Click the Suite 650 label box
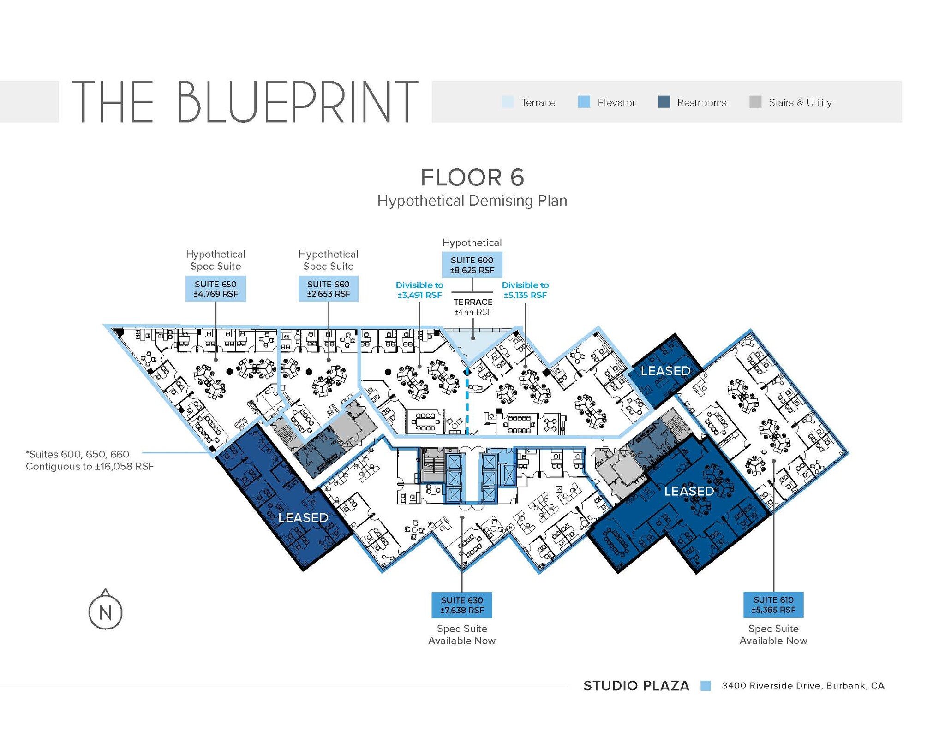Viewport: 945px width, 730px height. click(x=215, y=289)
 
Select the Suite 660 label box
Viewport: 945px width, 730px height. click(x=328, y=289)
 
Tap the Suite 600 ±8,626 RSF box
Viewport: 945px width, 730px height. click(x=472, y=265)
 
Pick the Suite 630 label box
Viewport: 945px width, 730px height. click(x=461, y=605)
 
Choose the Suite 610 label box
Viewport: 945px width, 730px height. click(x=773, y=604)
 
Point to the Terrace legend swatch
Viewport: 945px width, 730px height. click(x=508, y=102)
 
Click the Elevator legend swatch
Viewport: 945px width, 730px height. click(x=584, y=102)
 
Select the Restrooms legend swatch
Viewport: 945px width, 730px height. click(x=664, y=102)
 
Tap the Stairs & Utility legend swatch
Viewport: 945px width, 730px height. click(x=755, y=102)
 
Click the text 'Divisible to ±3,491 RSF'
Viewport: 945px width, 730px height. click(x=419, y=290)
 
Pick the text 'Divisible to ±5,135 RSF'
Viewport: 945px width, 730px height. click(x=525, y=290)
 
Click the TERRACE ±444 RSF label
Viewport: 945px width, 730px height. click(x=473, y=307)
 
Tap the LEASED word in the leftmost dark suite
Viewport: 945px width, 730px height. click(x=303, y=517)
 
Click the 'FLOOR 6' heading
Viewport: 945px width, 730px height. click(x=472, y=178)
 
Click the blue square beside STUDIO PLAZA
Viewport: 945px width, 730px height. click(x=706, y=686)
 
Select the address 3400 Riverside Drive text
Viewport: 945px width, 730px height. click(x=803, y=686)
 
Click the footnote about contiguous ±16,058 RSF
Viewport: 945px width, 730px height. click(x=90, y=460)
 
